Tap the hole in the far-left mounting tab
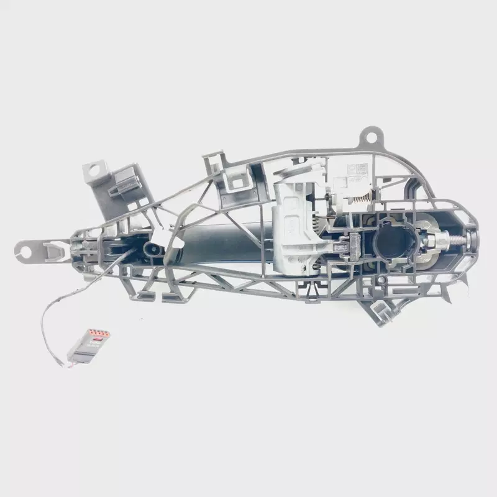25,251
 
